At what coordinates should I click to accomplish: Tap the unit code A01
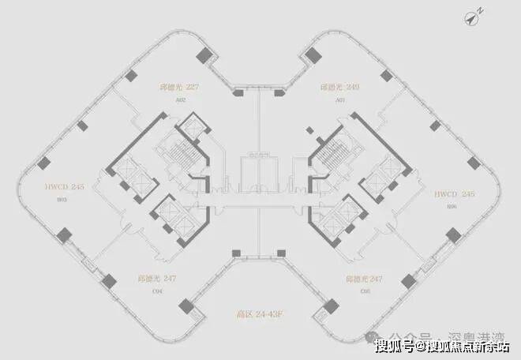click(x=340, y=100)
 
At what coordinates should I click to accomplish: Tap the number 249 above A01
click(x=352, y=88)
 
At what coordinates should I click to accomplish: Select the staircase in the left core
click(x=174, y=148)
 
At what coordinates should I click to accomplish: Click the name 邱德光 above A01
click(x=330, y=88)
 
